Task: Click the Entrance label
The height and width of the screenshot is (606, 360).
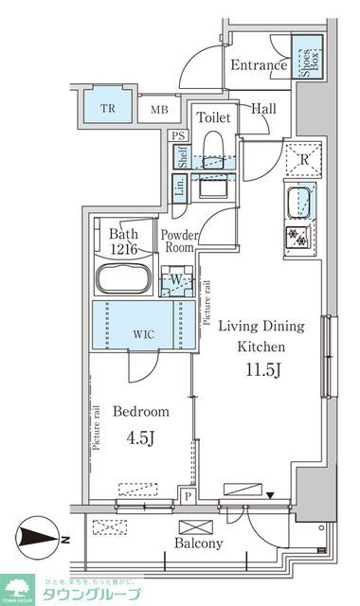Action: tap(258, 66)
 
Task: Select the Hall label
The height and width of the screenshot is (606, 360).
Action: tap(263, 109)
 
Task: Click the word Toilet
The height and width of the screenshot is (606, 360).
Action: tap(214, 117)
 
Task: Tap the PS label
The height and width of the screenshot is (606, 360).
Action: tap(177, 135)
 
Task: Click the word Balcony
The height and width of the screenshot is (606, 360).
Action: tap(199, 544)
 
